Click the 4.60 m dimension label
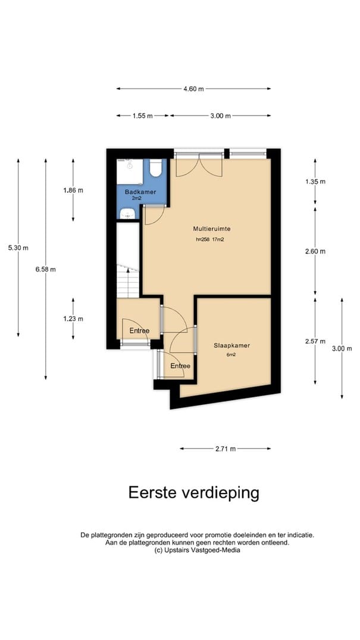193,89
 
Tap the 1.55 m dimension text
142,115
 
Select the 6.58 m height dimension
45,269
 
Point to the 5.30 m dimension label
18,247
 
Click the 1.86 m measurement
73,190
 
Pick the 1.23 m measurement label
73,319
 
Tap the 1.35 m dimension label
315,182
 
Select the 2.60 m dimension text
315,251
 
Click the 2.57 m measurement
315,341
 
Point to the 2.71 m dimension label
226,448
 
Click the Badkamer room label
140,192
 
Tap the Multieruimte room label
209,229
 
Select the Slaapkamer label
232,345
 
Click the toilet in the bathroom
155,168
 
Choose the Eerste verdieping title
194,493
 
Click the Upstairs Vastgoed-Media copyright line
197,550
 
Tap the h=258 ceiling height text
203,239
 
